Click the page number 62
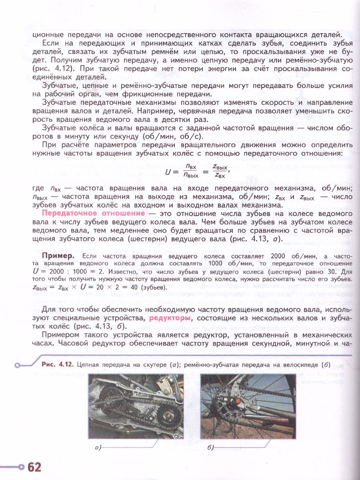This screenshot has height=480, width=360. [34, 467]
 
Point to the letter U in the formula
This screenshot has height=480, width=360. [168, 172]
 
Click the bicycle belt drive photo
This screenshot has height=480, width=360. [248, 406]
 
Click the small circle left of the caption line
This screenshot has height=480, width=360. [17, 365]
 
